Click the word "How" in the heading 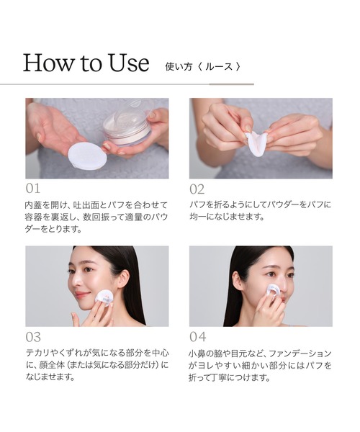click(x=49, y=63)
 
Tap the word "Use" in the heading click(x=129, y=63)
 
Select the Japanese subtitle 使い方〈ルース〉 click(x=203, y=67)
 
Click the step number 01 click(x=33, y=189)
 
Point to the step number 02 click(x=197, y=189)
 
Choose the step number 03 click(x=33, y=337)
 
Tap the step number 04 click(x=198, y=337)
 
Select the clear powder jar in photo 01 click(x=128, y=123)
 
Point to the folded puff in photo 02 click(x=256, y=143)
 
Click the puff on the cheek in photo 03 click(x=104, y=298)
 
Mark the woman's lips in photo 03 click(x=82, y=294)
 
